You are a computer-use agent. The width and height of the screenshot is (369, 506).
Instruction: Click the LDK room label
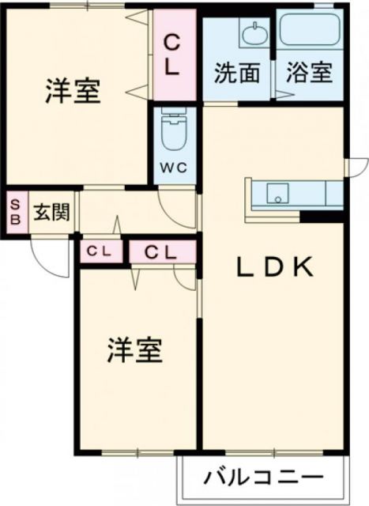277,268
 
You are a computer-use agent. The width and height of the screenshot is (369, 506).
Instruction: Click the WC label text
175,168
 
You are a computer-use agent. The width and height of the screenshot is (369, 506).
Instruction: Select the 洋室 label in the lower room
134,350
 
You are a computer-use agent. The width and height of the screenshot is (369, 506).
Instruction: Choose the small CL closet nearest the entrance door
101,252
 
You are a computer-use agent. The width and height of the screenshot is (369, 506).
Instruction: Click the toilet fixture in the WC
172,133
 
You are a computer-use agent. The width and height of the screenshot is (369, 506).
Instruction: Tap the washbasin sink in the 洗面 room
254,33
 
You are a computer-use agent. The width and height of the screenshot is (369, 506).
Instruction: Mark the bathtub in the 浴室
309,30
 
